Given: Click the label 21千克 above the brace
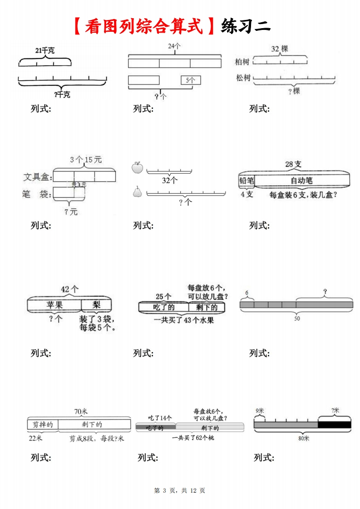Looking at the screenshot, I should tap(44, 51).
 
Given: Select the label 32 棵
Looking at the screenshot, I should tap(280, 49).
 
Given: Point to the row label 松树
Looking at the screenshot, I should tap(243, 78).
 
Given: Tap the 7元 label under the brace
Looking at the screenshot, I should tap(71, 212).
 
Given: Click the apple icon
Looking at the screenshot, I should tap(137, 167).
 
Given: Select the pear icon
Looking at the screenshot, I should tap(137, 192).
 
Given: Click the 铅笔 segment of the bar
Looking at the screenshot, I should tap(247, 181).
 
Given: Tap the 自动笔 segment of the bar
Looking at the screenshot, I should tap(301, 181).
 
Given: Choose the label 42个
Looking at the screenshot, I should tap(69, 289).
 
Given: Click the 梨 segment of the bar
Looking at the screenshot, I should tap(96, 304).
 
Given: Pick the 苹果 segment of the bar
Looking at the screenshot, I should tap(54, 304).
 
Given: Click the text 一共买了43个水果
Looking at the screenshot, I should tap(184, 320).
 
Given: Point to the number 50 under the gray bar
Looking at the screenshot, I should tap(297, 319).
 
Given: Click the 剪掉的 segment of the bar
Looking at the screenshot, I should tap(43, 425).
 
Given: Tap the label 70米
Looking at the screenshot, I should tap(81, 411).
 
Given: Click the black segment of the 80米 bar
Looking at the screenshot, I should tap(335, 425).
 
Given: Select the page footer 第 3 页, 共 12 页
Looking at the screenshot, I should tap(180, 490).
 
